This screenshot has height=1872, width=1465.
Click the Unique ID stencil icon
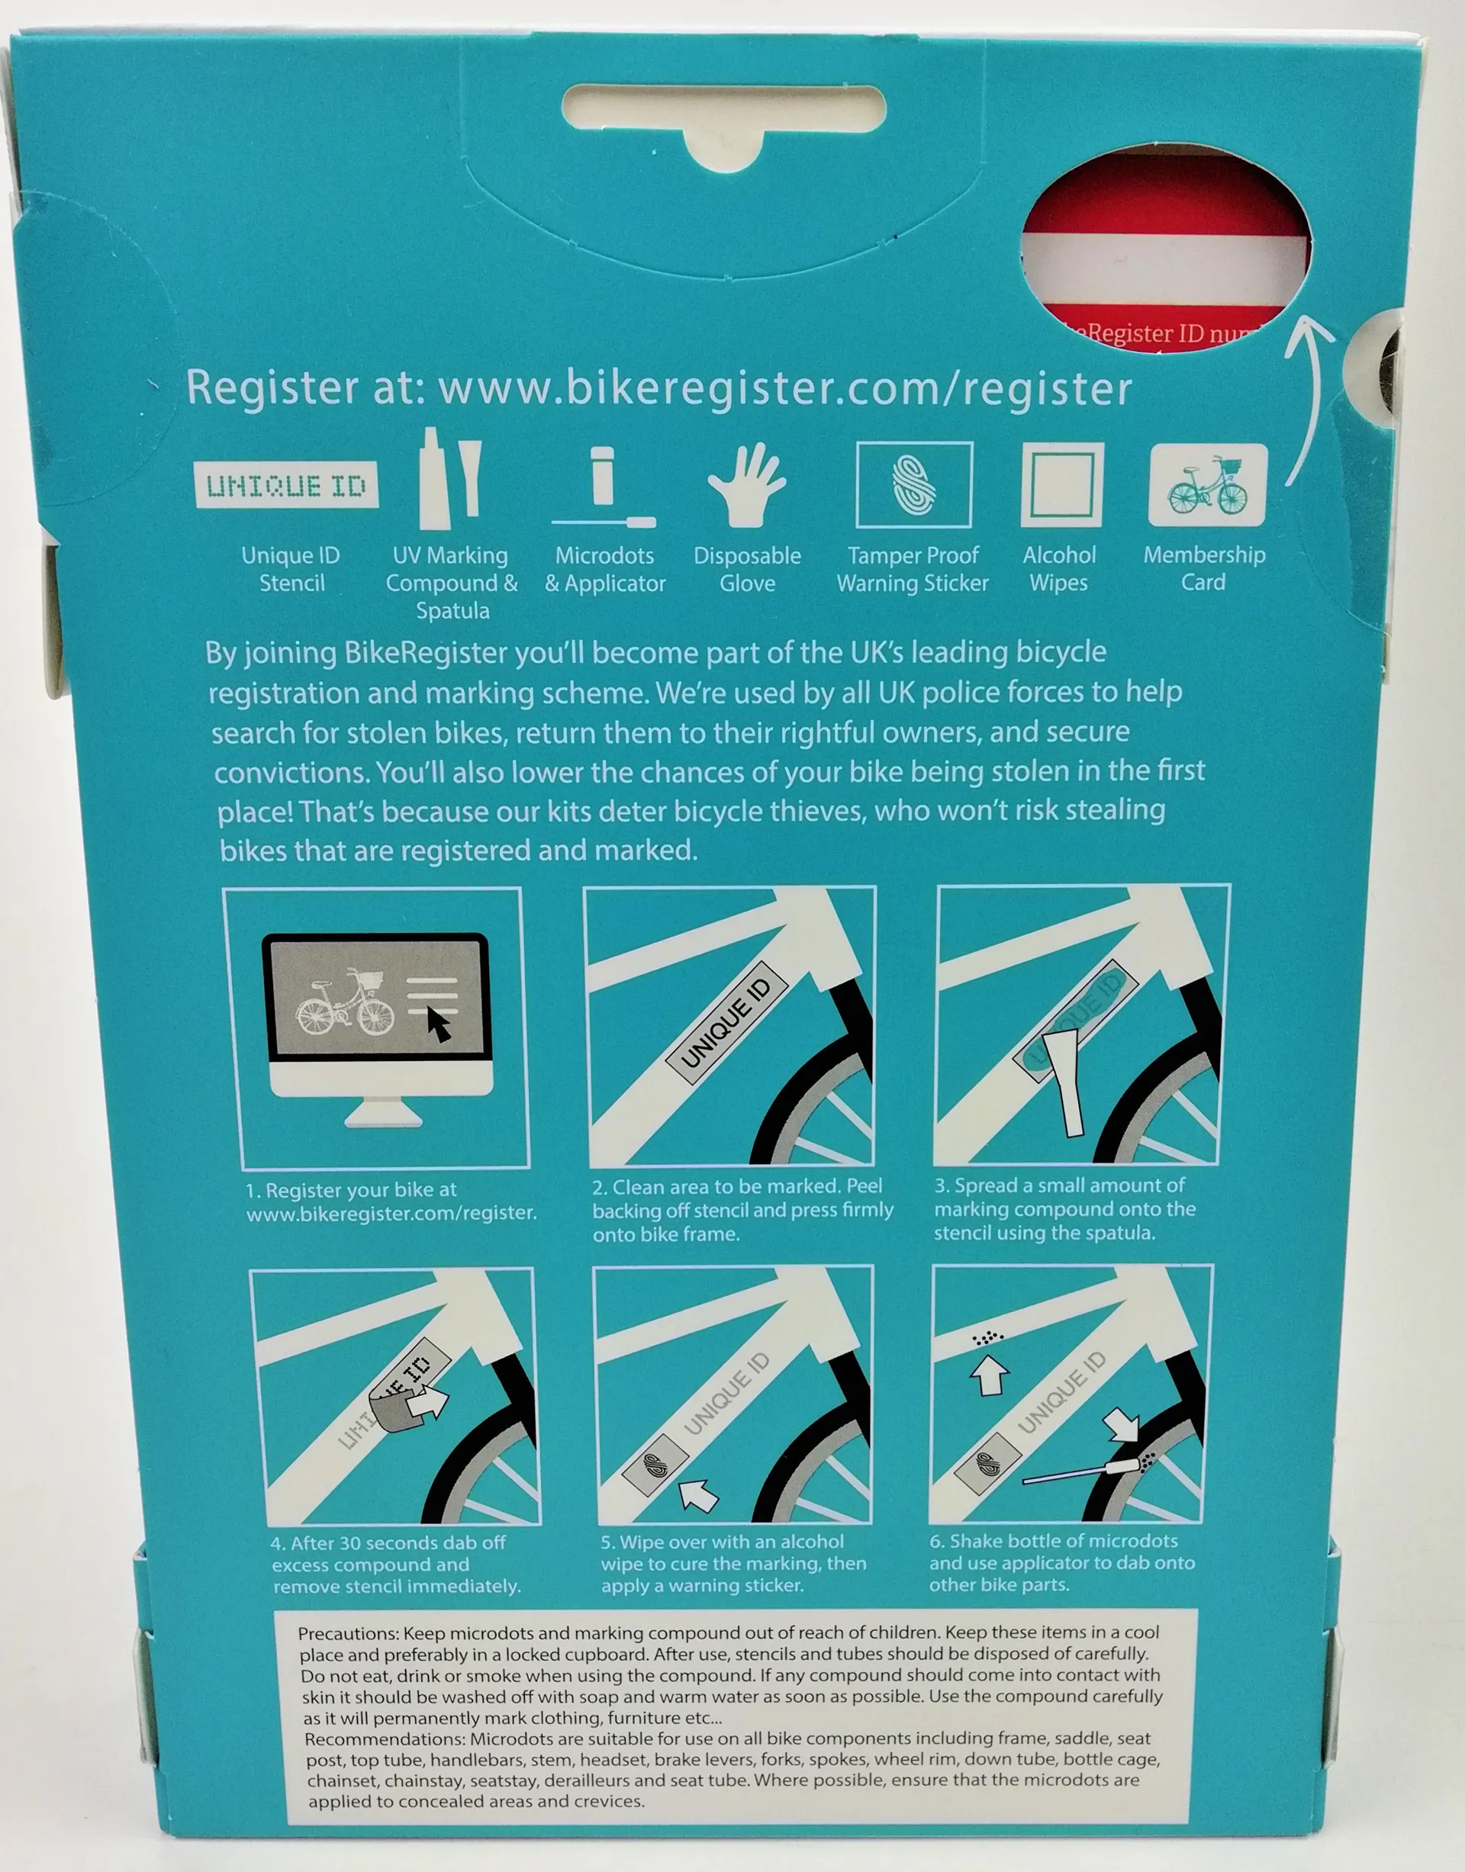[285, 485]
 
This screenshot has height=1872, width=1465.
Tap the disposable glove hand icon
[746, 485]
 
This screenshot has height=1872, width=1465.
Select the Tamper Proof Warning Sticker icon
[914, 484]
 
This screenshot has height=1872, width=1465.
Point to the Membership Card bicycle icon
[1208, 484]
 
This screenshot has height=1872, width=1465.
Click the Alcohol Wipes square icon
[1062, 484]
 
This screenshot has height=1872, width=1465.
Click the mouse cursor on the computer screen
[439, 1024]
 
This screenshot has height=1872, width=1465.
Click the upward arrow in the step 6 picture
[988, 1374]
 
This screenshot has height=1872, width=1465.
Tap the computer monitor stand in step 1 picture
[382, 1113]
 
